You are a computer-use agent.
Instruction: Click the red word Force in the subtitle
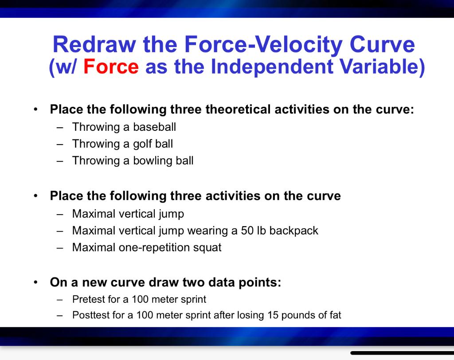[111, 67]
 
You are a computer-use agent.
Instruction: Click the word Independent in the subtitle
[268, 67]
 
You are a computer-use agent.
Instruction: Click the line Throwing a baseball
[124, 127]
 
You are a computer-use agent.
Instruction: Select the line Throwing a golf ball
[122, 144]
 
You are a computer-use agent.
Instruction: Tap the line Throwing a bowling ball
[133, 160]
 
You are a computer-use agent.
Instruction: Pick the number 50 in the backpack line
[247, 231]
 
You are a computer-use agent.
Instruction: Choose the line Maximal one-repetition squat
[147, 247]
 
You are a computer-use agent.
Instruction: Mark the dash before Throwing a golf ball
[60, 144]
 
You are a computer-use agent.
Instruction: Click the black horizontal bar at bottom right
[401, 353]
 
